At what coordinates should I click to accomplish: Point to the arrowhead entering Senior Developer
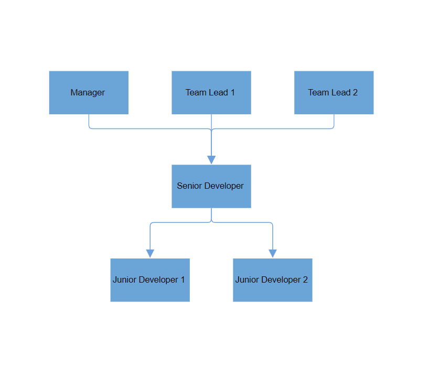(x=211, y=160)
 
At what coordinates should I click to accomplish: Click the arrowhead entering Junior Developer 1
(x=150, y=254)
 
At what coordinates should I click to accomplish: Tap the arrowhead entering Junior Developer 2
(x=273, y=254)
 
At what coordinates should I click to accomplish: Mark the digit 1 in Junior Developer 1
(x=183, y=280)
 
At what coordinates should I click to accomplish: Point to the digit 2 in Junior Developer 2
(x=305, y=280)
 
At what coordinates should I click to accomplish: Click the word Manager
(x=88, y=93)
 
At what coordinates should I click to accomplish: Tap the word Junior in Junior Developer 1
(x=124, y=280)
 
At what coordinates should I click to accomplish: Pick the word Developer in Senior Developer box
(x=224, y=186)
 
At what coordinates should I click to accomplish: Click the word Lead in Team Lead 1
(x=219, y=93)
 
